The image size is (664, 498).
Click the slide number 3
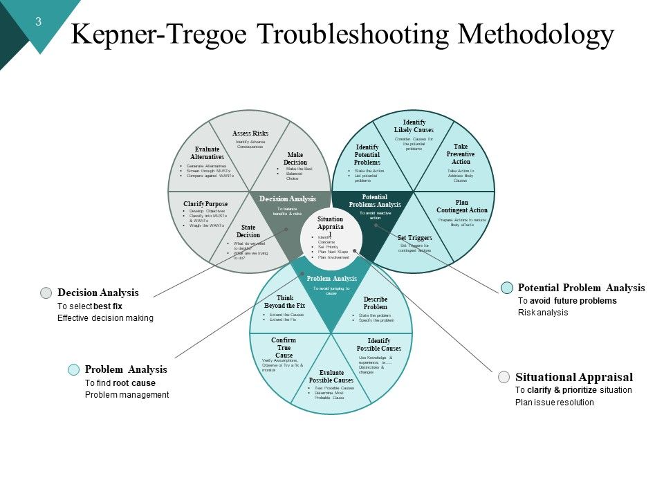(39, 21)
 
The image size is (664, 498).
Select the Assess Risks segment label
(250, 133)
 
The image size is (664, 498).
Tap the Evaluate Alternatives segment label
(207, 154)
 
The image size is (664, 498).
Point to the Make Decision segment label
(295, 158)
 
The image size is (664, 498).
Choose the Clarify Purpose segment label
(205, 204)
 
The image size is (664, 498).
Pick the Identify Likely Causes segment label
(414, 126)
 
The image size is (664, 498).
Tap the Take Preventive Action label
(461, 154)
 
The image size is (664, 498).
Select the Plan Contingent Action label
(462, 206)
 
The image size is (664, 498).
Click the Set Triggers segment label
(415, 238)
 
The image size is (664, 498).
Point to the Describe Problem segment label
(376, 303)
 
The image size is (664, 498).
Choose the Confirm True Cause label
(284, 348)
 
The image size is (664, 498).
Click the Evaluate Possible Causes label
(331, 376)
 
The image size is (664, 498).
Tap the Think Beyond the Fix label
(285, 302)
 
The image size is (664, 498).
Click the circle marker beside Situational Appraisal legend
(504, 378)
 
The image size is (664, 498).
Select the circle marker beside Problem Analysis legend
(73, 370)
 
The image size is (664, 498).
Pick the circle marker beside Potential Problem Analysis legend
(507, 288)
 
